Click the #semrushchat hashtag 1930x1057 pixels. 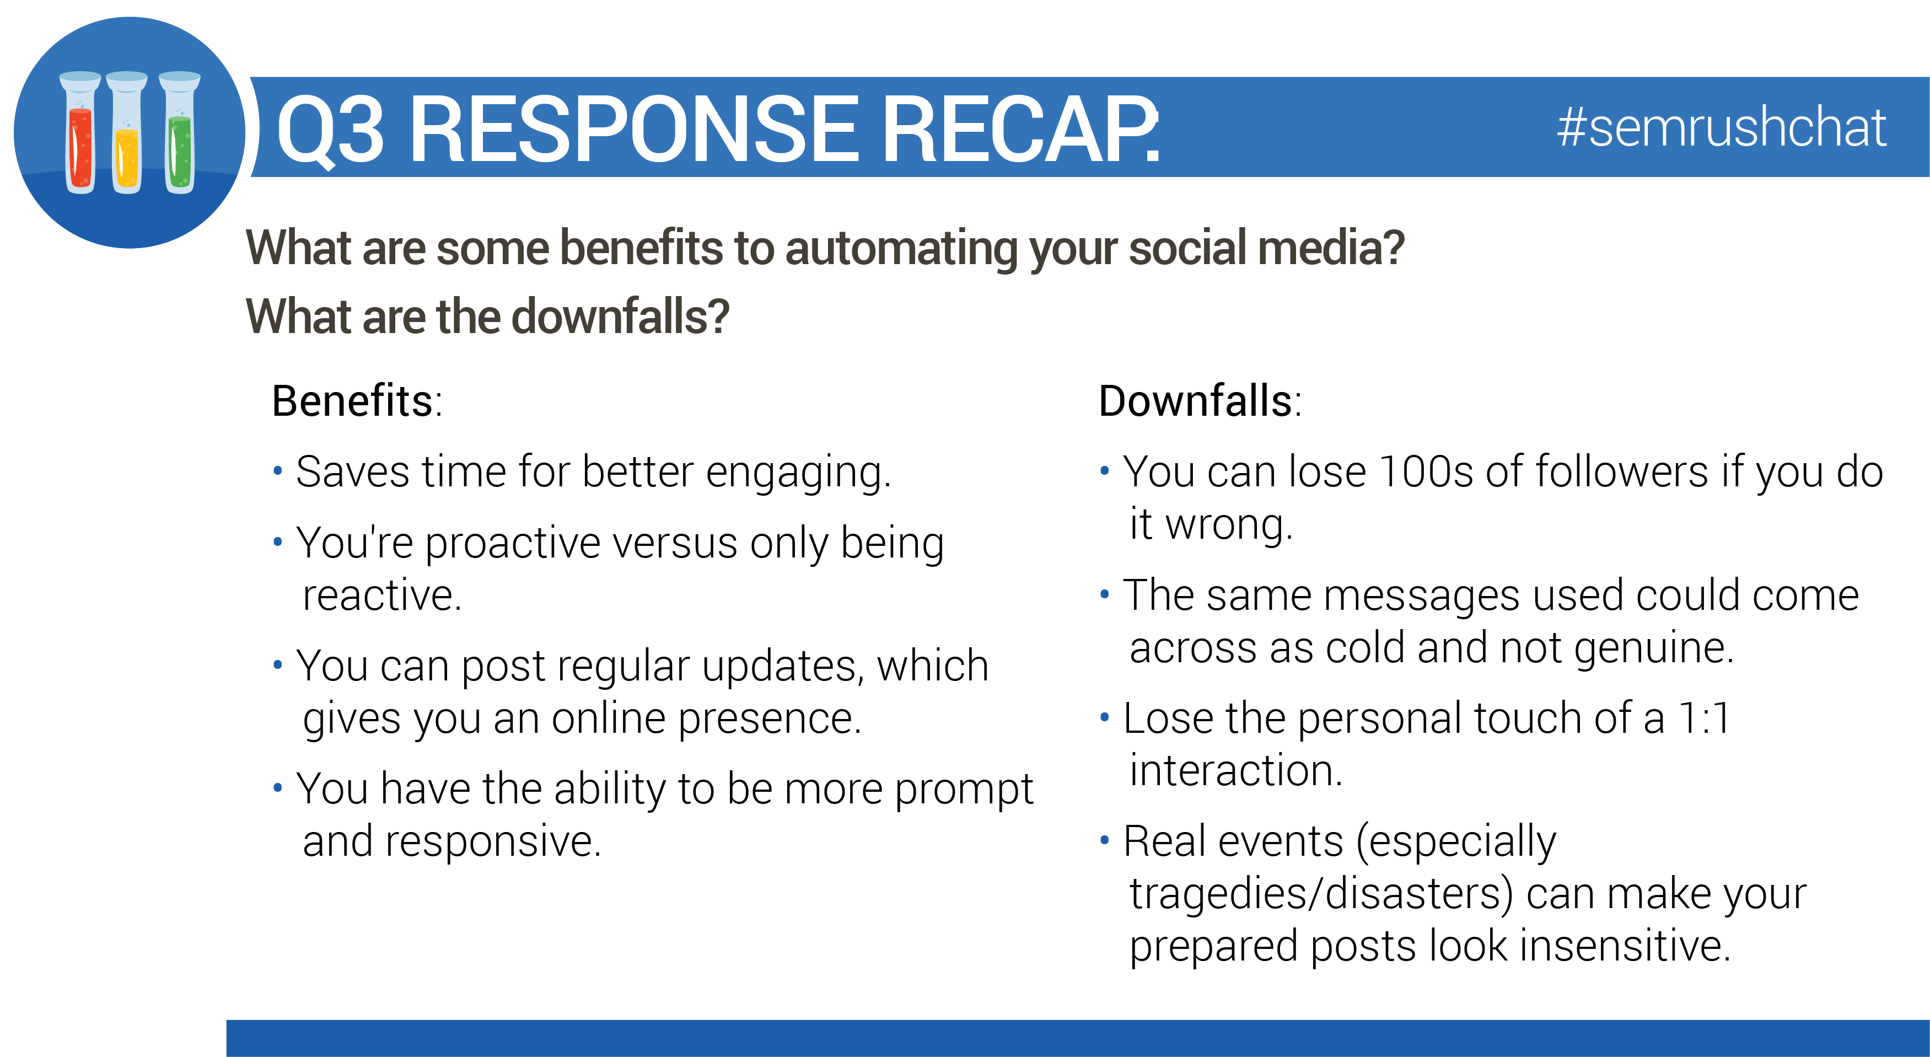tap(1721, 127)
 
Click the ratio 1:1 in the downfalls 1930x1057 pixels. tap(1704, 718)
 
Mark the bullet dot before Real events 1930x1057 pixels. tap(1104, 840)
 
